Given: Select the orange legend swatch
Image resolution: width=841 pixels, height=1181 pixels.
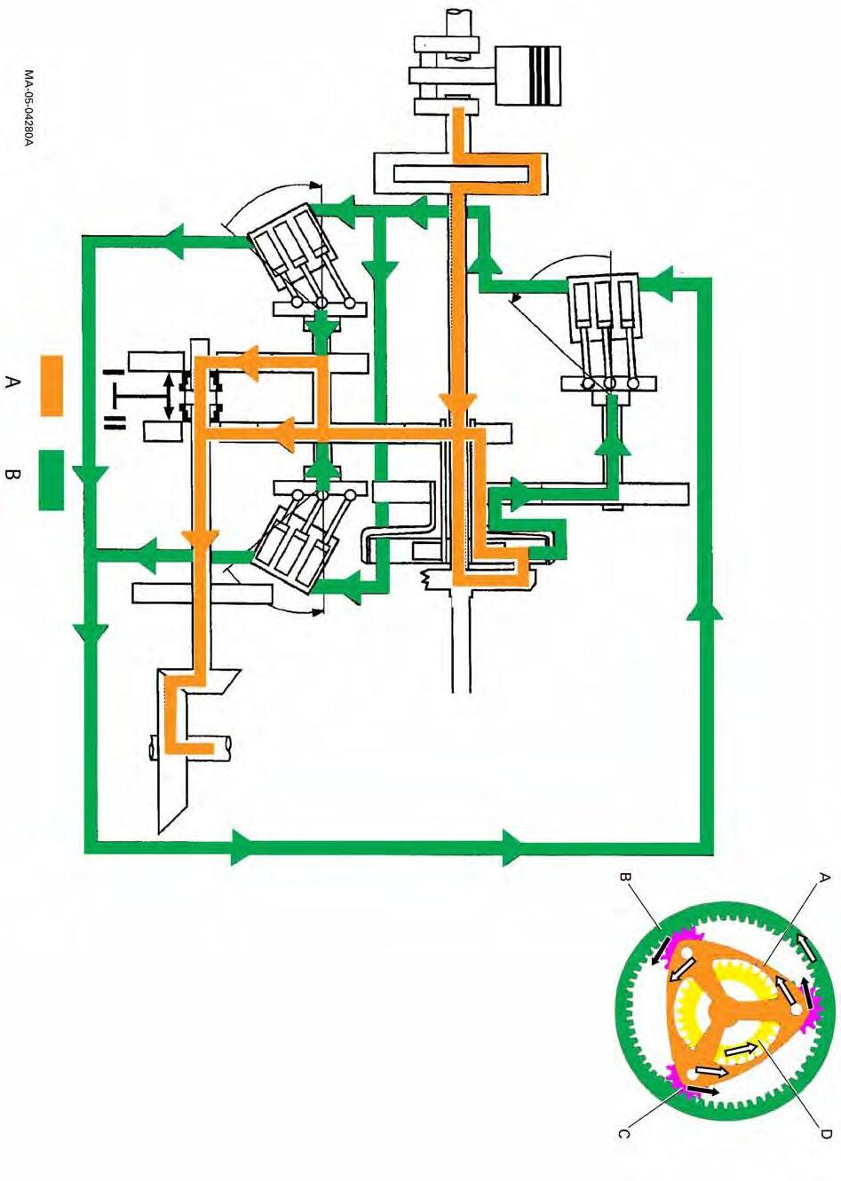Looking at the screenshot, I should tap(52, 385).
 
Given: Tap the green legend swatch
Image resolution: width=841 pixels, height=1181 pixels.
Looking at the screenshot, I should tap(52, 480).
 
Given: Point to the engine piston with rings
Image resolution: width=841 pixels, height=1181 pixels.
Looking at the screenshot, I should tap(529, 75).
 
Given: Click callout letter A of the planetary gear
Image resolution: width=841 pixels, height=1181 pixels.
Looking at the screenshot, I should tap(823, 878).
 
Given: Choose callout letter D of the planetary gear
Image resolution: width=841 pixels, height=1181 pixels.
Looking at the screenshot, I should tap(824, 1133).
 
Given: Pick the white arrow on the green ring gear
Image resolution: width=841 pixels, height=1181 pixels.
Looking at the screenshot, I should tap(808, 947).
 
